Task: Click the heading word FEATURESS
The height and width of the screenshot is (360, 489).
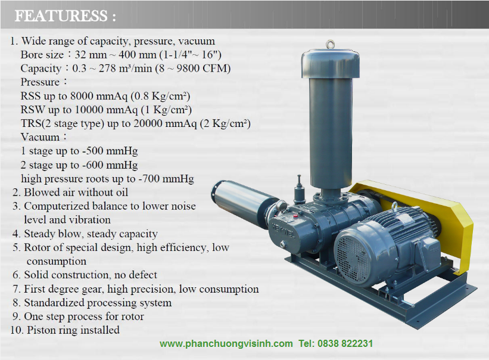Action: click(x=61, y=16)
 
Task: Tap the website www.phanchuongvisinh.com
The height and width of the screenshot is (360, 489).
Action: click(x=226, y=343)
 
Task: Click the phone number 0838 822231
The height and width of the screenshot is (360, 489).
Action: click(x=345, y=343)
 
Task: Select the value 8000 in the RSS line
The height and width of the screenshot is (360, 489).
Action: click(x=82, y=96)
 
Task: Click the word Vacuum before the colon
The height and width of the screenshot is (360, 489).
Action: click(x=40, y=137)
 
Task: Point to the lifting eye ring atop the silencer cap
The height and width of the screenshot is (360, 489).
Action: click(x=330, y=45)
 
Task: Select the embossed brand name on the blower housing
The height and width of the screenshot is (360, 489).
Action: click(x=284, y=231)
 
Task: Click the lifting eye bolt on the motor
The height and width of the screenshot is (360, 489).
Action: click(x=394, y=207)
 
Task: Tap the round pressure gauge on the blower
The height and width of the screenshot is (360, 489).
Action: click(x=281, y=206)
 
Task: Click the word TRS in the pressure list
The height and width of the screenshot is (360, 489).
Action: click(x=31, y=123)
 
